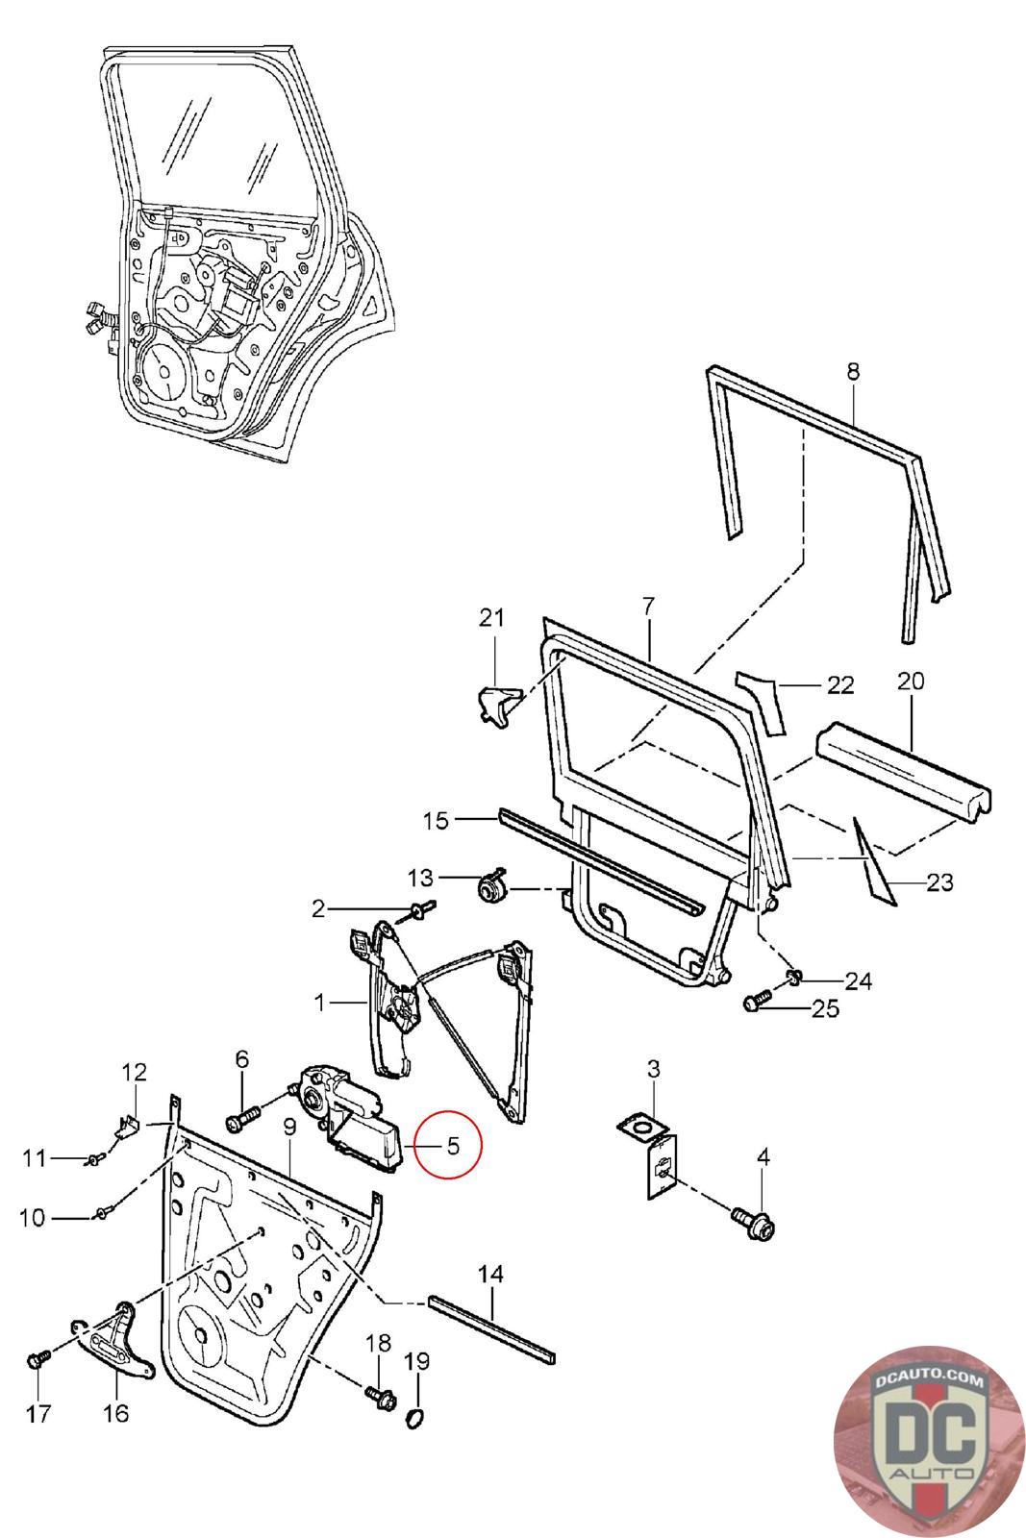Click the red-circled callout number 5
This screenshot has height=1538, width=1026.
pos(453,1146)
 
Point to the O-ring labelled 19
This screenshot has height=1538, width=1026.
pos(415,1418)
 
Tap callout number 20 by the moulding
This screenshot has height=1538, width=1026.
pos(911,682)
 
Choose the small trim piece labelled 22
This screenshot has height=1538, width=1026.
pos(761,703)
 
